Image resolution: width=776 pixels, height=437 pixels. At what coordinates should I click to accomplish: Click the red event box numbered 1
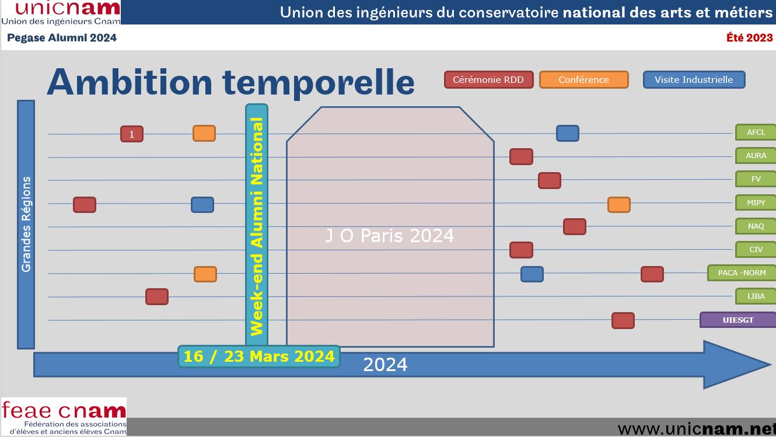click(132, 134)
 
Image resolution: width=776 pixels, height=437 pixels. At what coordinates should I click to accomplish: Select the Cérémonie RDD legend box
click(488, 80)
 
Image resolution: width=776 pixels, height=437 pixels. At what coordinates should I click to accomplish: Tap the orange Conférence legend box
click(583, 80)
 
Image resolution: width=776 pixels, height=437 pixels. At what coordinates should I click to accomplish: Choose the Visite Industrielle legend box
click(694, 80)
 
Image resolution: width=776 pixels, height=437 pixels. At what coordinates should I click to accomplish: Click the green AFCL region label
click(756, 132)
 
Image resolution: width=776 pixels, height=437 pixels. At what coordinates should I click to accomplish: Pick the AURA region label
click(756, 156)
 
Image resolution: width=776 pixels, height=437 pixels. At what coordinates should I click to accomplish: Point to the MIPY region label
click(756, 202)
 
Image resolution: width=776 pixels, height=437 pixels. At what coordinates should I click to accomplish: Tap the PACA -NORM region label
click(742, 272)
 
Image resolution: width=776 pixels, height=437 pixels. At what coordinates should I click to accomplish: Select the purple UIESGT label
click(738, 320)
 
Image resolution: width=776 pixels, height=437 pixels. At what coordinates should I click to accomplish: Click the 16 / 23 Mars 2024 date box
click(259, 356)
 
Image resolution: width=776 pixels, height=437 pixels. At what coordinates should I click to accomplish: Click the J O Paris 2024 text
click(390, 236)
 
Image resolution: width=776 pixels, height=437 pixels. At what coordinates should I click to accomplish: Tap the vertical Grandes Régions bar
click(26, 225)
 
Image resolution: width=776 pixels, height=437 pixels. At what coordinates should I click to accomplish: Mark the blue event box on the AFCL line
click(568, 134)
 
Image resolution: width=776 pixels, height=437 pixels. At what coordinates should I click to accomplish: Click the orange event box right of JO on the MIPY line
click(618, 204)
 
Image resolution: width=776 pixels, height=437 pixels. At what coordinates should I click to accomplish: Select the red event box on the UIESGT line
click(623, 320)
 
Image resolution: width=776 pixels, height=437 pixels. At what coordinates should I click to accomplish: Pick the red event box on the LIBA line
click(157, 296)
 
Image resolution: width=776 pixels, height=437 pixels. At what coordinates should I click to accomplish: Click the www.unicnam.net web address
click(696, 429)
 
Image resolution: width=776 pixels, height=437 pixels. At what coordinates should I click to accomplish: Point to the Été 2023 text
click(750, 37)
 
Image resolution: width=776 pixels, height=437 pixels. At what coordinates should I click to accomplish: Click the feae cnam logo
click(64, 417)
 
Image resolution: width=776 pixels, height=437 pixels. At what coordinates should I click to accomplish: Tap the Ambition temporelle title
click(230, 82)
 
